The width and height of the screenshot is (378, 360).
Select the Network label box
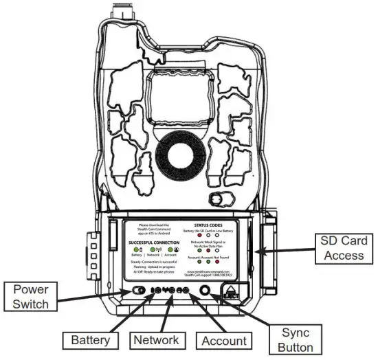click(157, 339)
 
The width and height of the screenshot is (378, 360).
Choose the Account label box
click(221, 339)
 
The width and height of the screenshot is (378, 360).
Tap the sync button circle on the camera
click(205, 290)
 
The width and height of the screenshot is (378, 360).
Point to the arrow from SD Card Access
click(282, 252)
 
